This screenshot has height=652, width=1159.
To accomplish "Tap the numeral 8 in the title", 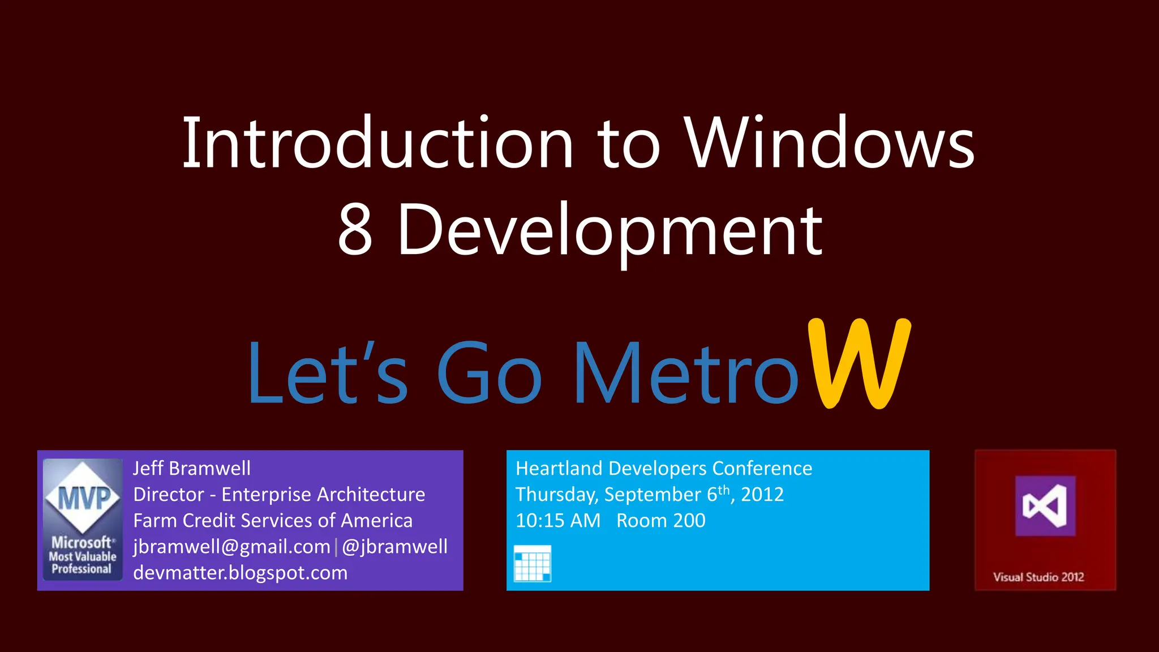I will [x=355, y=229].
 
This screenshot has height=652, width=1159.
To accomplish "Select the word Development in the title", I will [x=609, y=229].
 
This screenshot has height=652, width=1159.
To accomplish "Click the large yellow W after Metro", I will [x=859, y=363].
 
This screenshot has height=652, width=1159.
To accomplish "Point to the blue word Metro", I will [x=685, y=374].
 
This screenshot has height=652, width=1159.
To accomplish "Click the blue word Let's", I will [x=327, y=374].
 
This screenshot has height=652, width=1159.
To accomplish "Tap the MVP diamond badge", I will [x=83, y=497].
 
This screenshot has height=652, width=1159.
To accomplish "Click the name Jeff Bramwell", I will [x=191, y=469].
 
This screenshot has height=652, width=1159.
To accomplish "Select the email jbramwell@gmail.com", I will [x=231, y=547].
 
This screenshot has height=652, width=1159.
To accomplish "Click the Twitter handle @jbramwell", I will [x=394, y=547].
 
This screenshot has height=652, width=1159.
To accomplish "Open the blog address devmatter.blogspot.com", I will [x=240, y=573].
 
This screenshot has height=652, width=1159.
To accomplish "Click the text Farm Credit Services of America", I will [x=273, y=521].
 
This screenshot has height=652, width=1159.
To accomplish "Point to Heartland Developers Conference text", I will [x=664, y=469].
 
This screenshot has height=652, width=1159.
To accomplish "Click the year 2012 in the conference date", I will [x=762, y=495].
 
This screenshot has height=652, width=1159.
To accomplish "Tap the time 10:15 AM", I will [x=557, y=521].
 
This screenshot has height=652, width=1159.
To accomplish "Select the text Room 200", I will [x=660, y=521].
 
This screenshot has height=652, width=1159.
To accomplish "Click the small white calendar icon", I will [x=532, y=564].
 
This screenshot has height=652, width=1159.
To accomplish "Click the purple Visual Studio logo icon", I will [x=1045, y=505].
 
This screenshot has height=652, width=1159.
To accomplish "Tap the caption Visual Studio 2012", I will [x=1038, y=577].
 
